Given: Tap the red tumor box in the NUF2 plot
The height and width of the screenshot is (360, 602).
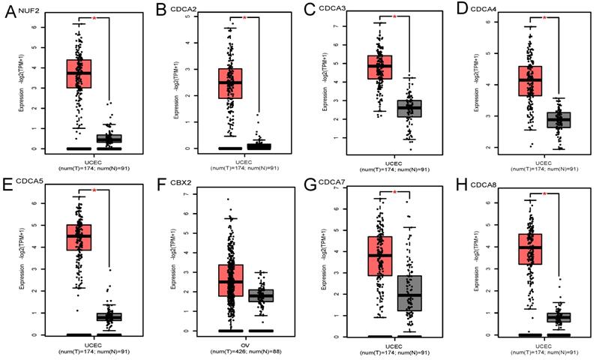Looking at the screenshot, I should [79, 73].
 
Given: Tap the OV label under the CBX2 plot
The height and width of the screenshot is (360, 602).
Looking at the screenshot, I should [243, 343].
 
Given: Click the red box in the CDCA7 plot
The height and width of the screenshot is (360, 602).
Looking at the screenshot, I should [378, 256].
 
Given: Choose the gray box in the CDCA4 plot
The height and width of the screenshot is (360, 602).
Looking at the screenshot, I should [558, 119].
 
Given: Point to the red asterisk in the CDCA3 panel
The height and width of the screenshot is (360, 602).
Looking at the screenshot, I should [394, 16].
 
